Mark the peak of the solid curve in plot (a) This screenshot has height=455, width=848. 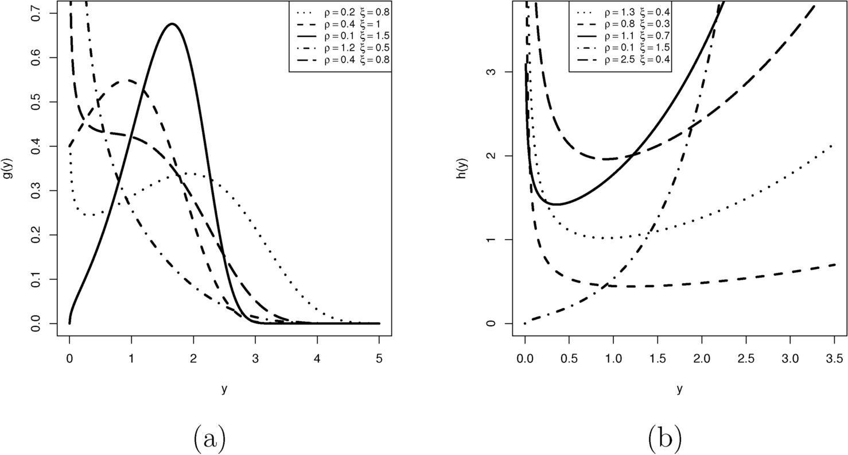(x=172, y=24)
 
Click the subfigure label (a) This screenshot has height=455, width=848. (x=208, y=439)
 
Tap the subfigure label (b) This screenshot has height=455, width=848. (x=664, y=439)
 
